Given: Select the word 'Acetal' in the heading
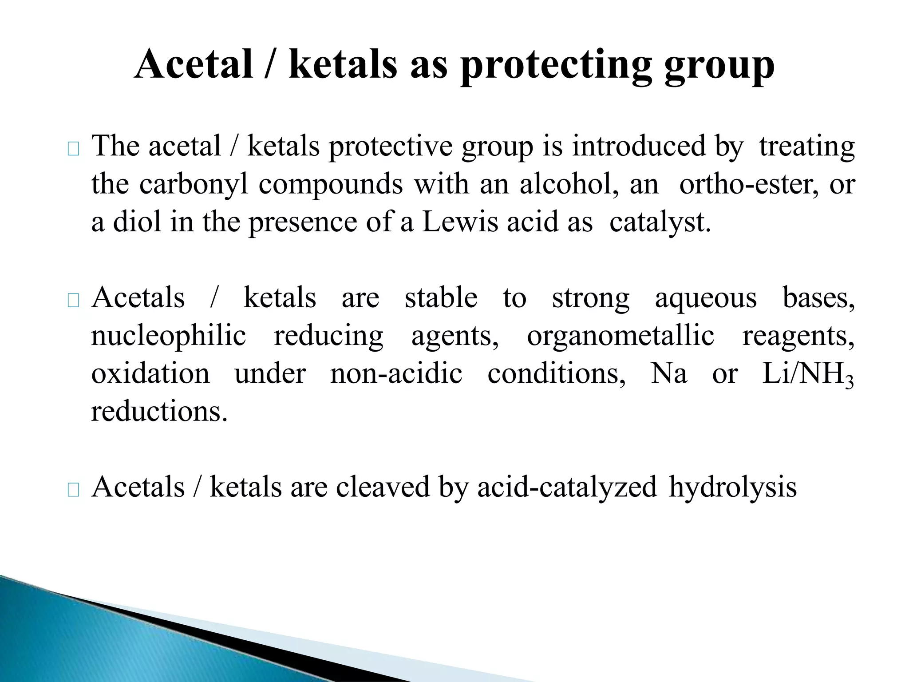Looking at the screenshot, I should pyautogui.click(x=194, y=64).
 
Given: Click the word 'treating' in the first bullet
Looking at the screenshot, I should pyautogui.click(x=806, y=147).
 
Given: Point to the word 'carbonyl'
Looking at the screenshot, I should pyautogui.click(x=194, y=185).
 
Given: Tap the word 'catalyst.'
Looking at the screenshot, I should pyautogui.click(x=660, y=222).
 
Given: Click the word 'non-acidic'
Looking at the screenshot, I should pyautogui.click(x=396, y=373).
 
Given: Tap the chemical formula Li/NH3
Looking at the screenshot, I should pyautogui.click(x=808, y=374).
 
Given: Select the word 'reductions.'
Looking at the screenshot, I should pyautogui.click(x=159, y=412).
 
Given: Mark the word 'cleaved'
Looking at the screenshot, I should pyautogui.click(x=383, y=487).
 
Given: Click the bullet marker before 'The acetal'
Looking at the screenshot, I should pyautogui.click(x=73, y=149).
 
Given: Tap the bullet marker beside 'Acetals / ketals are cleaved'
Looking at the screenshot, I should pyautogui.click(x=73, y=490).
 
